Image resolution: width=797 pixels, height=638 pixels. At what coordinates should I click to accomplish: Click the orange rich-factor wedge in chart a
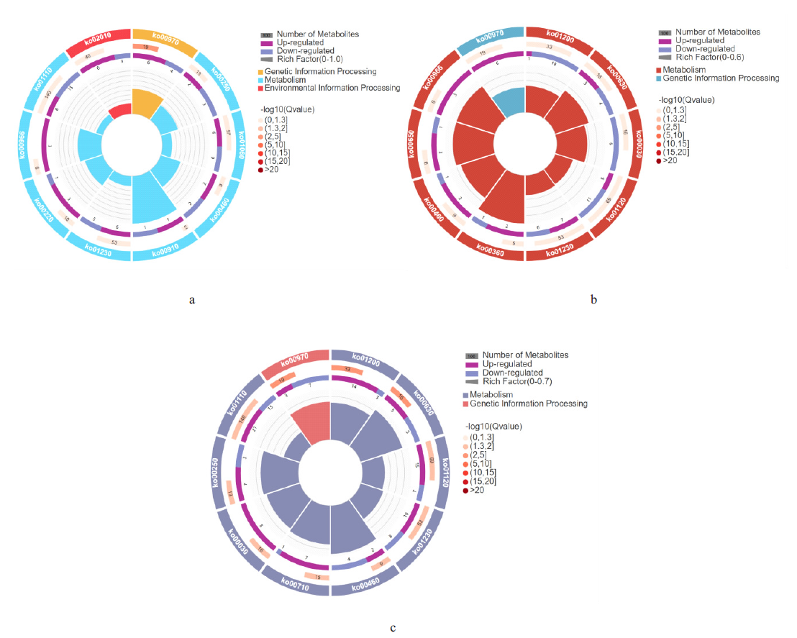147,104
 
